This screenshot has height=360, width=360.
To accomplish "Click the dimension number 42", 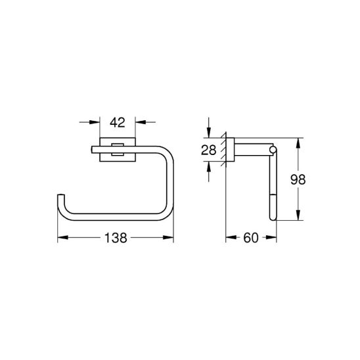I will click(117, 122).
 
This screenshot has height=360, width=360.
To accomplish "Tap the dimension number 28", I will click(210, 150).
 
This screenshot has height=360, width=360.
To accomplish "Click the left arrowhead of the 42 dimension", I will click(95, 122).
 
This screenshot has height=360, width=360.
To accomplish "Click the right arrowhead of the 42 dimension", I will click(139, 122).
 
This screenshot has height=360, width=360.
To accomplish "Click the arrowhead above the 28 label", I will click(210, 132).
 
